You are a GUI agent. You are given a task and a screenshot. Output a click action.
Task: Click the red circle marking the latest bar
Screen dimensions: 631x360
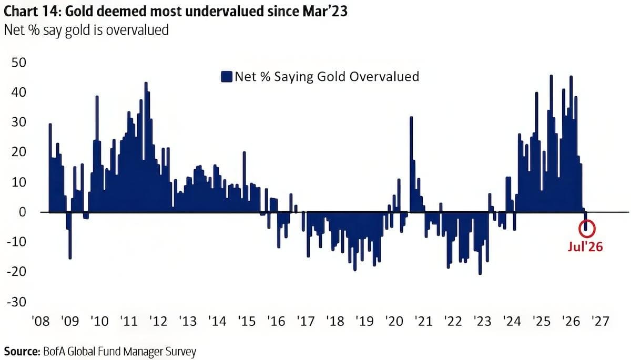pos(587,221)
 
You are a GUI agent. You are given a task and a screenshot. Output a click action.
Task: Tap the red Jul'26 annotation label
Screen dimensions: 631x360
pos(585,247)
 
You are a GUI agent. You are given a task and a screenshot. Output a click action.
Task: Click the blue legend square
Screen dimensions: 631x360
pos(227,77)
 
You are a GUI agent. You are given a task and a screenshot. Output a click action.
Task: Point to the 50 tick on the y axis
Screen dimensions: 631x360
pos(19,63)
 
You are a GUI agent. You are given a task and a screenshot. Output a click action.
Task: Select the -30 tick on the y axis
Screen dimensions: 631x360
pos(17,302)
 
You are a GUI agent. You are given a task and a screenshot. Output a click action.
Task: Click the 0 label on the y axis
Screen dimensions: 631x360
pos(23,212)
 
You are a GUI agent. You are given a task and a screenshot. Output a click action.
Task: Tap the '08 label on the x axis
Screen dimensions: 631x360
pos(41,321)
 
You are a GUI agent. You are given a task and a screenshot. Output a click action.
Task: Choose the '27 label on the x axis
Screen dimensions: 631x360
pos(601,321)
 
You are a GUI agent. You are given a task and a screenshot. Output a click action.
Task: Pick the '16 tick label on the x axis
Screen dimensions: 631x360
pos(277,321)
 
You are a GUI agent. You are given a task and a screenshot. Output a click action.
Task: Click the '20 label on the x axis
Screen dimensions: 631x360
pos(394,321)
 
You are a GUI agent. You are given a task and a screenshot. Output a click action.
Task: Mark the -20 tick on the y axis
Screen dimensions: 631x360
pos(17,272)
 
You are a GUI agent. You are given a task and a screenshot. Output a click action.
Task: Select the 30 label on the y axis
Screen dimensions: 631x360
pos(19,122)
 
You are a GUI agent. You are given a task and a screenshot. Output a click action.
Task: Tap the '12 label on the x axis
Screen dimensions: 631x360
pos(159,321)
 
